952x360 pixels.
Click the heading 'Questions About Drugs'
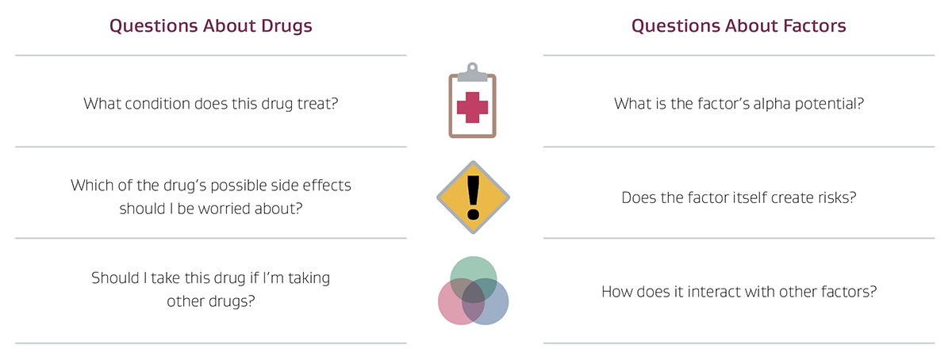click(x=211, y=26)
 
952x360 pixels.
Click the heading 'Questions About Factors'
click(x=739, y=26)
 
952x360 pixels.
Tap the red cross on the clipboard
click(x=473, y=107)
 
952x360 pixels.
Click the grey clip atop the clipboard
click(x=473, y=72)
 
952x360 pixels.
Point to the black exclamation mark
click(x=473, y=197)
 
